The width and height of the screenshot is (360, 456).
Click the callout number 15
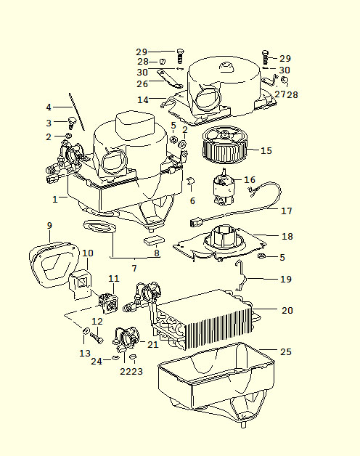[x=266, y=150]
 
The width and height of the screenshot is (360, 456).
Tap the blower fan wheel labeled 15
[x=224, y=145]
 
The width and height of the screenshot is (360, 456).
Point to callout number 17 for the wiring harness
[x=286, y=211]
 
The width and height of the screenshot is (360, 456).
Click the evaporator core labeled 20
[x=203, y=320]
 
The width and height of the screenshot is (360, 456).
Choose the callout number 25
[x=285, y=352]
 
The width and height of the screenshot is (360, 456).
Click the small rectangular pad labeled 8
[x=154, y=240]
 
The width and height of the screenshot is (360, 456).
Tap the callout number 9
[x=49, y=226]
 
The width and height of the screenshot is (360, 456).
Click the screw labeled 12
[x=97, y=338]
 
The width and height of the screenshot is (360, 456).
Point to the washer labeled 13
[x=86, y=330]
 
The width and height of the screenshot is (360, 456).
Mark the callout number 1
[x=55, y=200]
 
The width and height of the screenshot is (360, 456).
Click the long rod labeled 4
[x=77, y=112]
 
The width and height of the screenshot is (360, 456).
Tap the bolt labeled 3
[x=71, y=123]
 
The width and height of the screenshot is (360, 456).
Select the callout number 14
[x=143, y=100]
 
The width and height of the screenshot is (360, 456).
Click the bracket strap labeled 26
[x=170, y=78]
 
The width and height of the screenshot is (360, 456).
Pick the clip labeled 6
[x=190, y=181]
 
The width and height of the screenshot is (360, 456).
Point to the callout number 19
[x=285, y=279]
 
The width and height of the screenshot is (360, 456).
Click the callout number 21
[x=152, y=345]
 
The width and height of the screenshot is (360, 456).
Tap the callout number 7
[x=134, y=268]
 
